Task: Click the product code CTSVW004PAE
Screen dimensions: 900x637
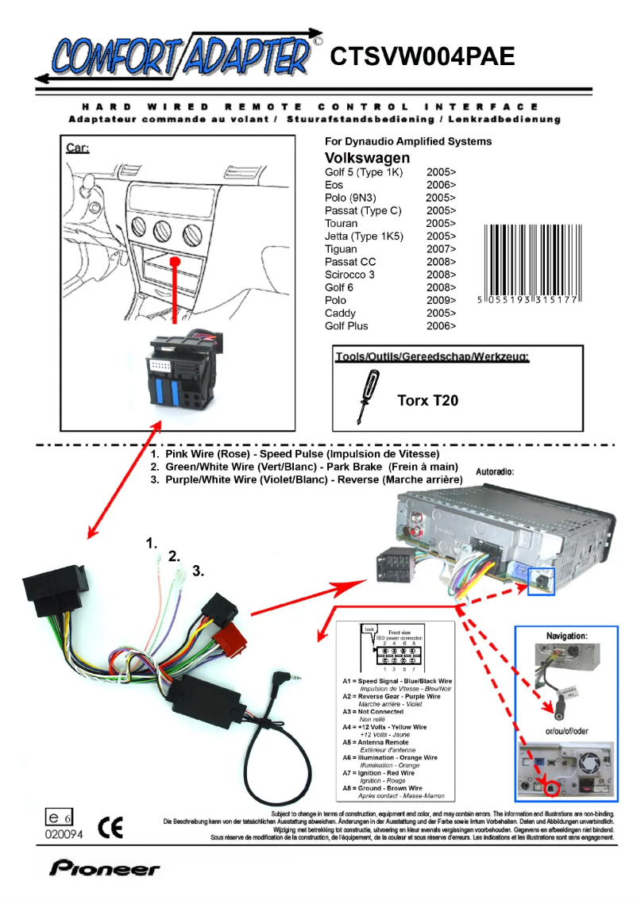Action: pyautogui.click(x=423, y=56)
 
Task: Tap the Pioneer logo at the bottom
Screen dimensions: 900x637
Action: pyautogui.click(x=105, y=869)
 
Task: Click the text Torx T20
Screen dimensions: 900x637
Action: pyautogui.click(x=427, y=401)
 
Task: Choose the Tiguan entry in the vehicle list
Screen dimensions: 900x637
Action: pyautogui.click(x=341, y=248)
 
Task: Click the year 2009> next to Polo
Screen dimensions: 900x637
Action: pyautogui.click(x=441, y=300)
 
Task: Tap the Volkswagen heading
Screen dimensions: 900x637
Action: pyautogui.click(x=367, y=157)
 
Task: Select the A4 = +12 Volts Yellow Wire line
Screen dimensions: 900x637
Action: pyautogui.click(x=384, y=727)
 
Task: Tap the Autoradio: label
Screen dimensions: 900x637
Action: pyautogui.click(x=494, y=471)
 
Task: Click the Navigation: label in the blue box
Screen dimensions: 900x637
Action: pyautogui.click(x=567, y=636)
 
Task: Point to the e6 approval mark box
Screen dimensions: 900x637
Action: pyautogui.click(x=59, y=817)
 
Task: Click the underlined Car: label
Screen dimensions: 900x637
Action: pyautogui.click(x=77, y=148)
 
